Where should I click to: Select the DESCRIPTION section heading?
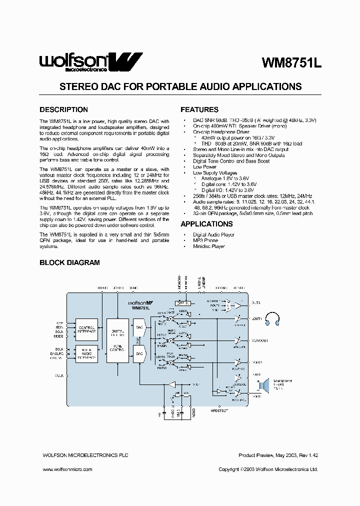tap(63, 109)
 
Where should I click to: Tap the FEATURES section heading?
tap(199, 109)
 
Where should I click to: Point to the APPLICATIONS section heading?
tap(206, 224)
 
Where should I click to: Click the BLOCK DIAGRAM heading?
tap(69, 262)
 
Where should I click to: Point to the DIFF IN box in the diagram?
tap(183, 303)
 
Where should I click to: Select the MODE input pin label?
tap(59, 336)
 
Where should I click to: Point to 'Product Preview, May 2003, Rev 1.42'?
tap(278, 455)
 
